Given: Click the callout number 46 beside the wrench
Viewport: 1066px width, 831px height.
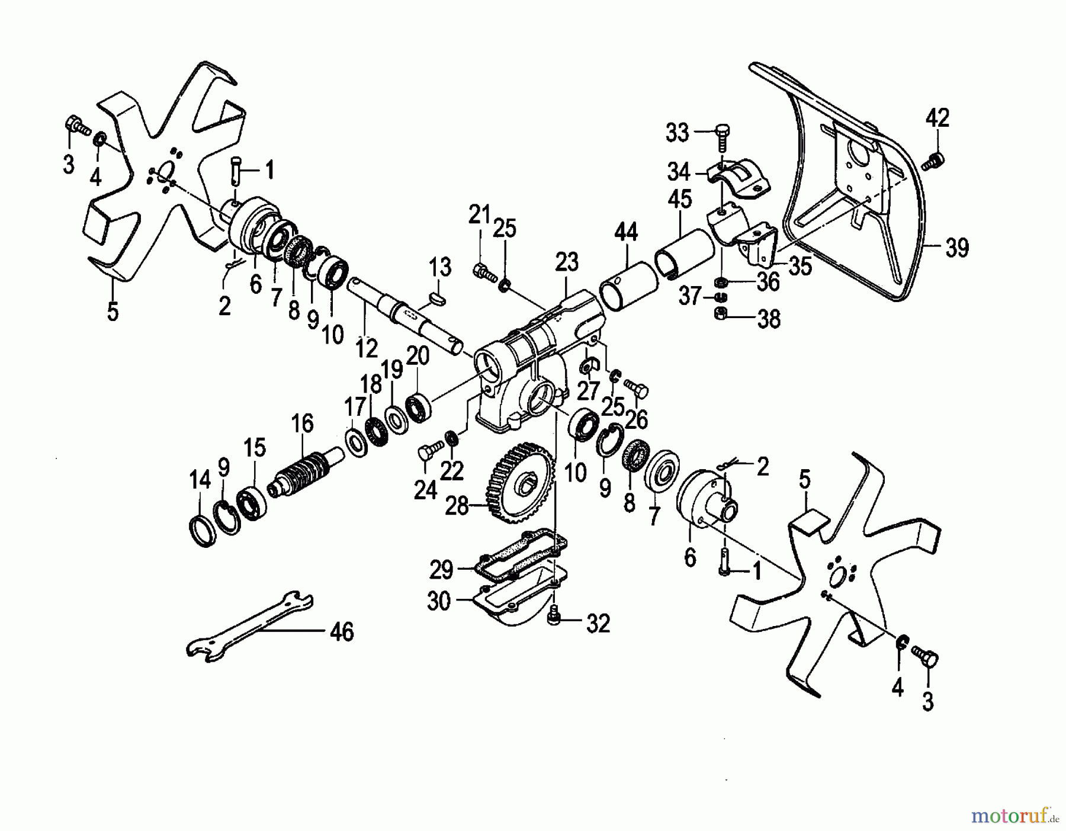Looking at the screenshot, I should [x=342, y=632].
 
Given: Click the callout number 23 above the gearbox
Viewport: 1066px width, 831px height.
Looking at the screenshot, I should [x=566, y=263].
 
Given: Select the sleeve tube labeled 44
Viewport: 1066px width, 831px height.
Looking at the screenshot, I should [x=628, y=287].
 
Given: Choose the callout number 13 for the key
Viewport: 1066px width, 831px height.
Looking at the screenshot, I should [x=441, y=268].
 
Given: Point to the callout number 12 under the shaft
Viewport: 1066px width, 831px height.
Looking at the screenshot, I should [x=367, y=348].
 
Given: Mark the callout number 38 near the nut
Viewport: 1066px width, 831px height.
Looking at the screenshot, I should [x=769, y=319].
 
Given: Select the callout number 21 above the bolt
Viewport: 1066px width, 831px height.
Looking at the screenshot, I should [x=480, y=214].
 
